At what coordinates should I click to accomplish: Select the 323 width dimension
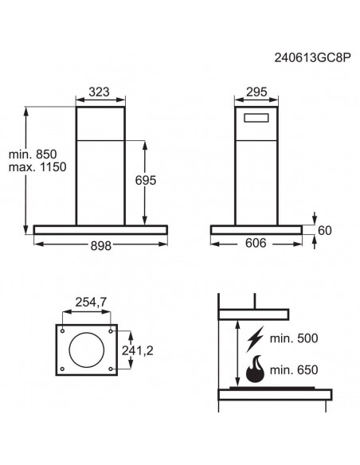pos(99,92)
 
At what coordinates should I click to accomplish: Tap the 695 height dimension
pos(166,181)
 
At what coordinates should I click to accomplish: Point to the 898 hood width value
pos(100,246)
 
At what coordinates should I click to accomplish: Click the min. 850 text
pos(34,153)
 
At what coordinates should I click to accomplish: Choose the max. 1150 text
pos(36,167)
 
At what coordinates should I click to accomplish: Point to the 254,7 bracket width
pos(90,303)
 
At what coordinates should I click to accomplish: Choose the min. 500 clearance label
pos(295,338)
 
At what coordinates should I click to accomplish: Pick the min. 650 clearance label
pos(295,369)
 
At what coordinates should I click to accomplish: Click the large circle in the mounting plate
pos(88,349)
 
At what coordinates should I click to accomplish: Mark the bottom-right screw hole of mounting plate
pos(112,368)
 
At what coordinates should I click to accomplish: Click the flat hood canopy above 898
pos(100,230)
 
